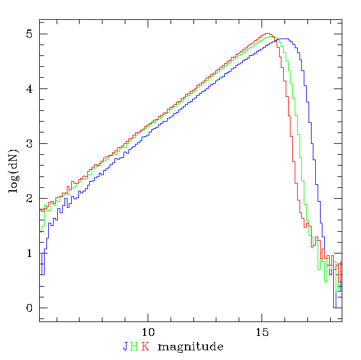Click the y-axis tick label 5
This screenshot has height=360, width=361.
coord(30,34)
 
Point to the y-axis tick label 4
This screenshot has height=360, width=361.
coord(30,88)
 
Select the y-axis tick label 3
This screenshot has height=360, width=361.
coord(30,143)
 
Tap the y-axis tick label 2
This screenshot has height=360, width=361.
coord(30,198)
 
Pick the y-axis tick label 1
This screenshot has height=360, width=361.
coord(30,253)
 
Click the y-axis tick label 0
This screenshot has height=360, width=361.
coord(30,308)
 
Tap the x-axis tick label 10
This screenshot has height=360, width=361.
coord(148,332)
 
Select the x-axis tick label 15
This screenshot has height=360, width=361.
coord(262,332)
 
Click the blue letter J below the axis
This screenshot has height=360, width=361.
coord(125,346)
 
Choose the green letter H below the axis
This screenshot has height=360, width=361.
coord(134,346)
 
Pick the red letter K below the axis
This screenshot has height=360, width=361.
coord(145,346)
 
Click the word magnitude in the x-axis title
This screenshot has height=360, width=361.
coord(190,347)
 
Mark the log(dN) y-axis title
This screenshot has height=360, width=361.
coord(14,171)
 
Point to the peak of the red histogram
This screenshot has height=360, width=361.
coord(266,34)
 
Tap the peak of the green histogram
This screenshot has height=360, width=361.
coord(271,36)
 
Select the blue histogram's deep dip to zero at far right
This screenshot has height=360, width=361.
coord(334,308)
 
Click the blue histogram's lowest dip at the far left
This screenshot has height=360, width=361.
coord(42,275)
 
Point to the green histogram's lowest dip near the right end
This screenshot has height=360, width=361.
coord(326,282)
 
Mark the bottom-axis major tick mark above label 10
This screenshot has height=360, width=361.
coord(148,317)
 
